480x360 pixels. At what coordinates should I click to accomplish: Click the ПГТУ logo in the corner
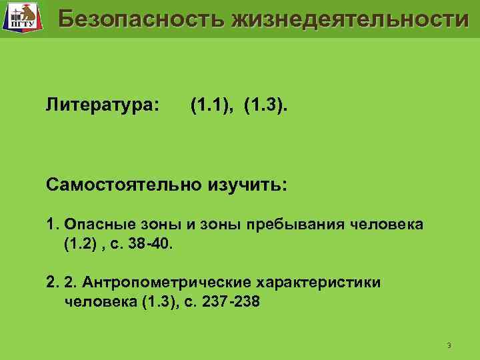(21, 18)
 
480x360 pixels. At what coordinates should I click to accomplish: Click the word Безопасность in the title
(141, 20)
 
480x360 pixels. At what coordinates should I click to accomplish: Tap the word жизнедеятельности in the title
(351, 20)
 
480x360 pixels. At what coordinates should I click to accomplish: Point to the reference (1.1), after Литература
(212, 105)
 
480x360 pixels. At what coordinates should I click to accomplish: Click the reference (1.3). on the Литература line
(267, 105)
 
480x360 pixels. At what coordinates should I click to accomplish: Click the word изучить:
(248, 184)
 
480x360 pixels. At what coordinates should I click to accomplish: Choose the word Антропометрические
(176, 282)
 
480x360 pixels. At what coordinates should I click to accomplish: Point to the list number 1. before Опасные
(52, 225)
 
